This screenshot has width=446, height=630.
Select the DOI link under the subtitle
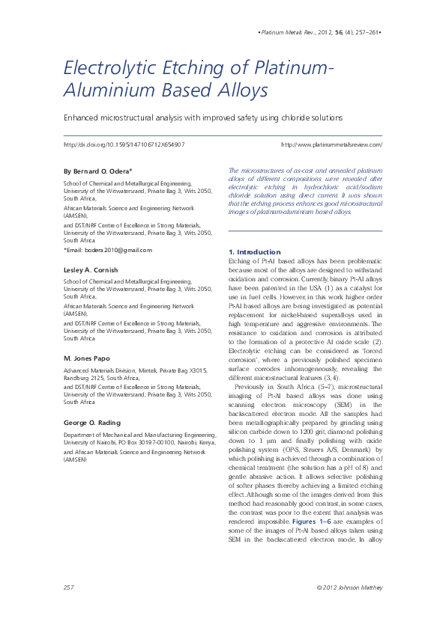(124, 144)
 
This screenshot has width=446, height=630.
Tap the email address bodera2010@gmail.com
(118, 250)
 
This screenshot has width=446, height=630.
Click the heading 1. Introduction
(254, 252)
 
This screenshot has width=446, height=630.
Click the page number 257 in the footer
(68, 587)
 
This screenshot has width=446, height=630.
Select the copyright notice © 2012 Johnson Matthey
(349, 587)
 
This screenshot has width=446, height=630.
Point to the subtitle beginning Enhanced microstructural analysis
(202, 117)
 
